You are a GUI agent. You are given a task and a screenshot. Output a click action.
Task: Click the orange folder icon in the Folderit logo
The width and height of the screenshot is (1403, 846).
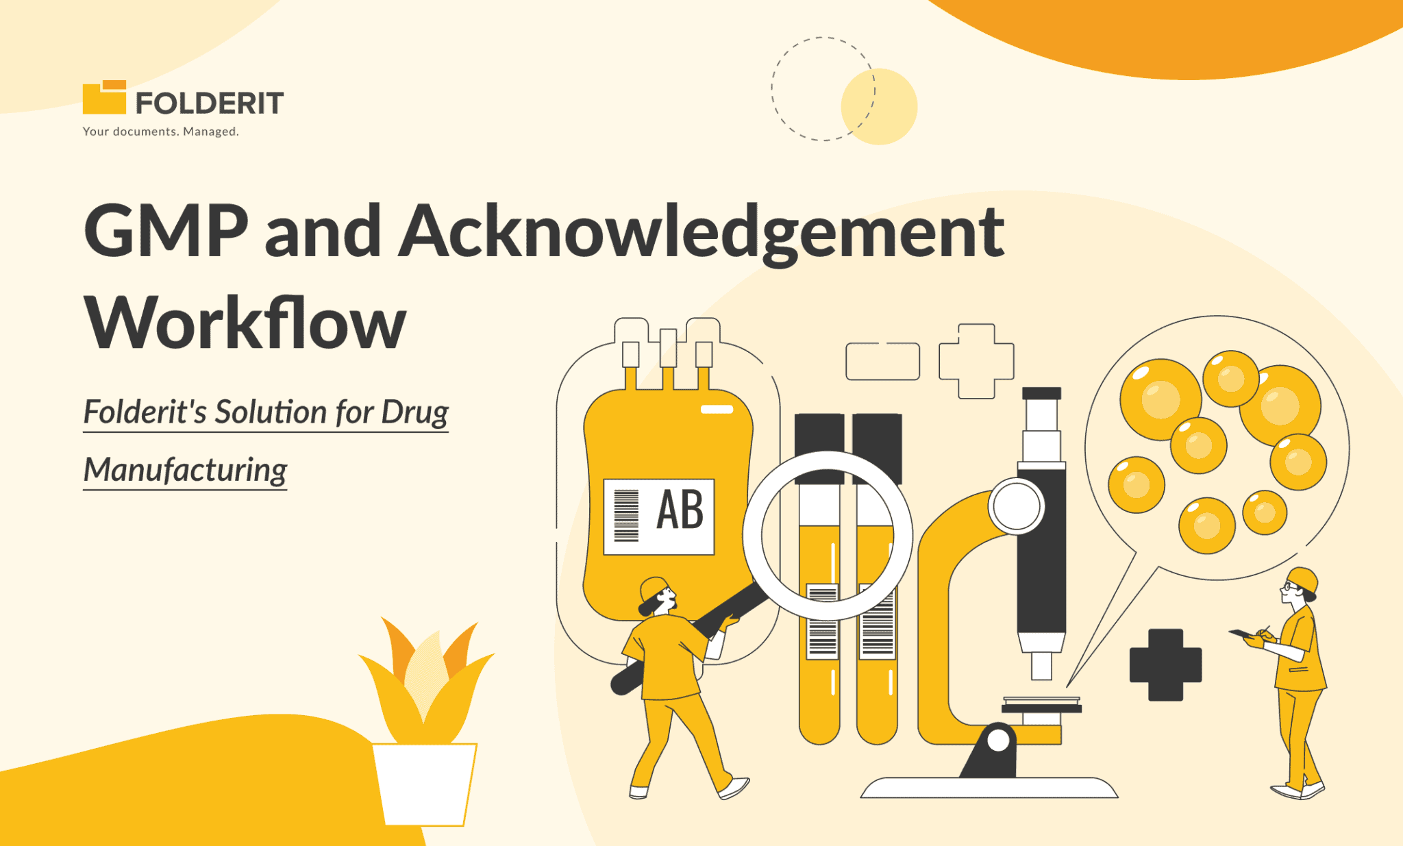(104, 98)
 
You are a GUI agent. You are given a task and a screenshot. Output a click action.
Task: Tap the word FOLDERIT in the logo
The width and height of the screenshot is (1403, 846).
(209, 103)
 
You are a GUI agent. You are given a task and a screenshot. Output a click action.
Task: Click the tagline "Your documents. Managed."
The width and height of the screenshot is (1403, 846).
(160, 132)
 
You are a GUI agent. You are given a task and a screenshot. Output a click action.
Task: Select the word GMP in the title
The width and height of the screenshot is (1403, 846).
(166, 231)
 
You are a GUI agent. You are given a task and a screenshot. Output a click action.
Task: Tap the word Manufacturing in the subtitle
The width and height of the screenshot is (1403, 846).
(185, 471)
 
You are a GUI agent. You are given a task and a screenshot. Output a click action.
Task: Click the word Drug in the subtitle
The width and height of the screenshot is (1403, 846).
(414, 412)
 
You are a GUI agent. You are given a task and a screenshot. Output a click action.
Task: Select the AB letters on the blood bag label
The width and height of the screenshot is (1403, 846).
(680, 510)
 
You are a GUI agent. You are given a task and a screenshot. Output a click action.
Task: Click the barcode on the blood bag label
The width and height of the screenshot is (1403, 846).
(626, 516)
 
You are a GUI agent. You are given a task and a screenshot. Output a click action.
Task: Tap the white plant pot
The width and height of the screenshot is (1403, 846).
(425, 784)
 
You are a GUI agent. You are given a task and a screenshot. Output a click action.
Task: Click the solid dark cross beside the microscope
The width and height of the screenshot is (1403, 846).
(1165, 664)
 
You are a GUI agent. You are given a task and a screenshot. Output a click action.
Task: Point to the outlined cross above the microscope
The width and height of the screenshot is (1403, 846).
(976, 361)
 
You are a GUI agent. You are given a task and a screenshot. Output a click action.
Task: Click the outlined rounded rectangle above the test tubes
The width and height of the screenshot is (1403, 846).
(882, 361)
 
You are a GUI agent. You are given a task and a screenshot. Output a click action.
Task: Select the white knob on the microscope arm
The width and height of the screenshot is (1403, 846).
(1017, 506)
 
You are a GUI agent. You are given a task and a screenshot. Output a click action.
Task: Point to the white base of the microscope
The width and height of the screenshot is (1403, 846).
(989, 788)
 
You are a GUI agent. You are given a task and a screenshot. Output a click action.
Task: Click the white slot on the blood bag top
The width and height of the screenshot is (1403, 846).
(717, 410)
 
